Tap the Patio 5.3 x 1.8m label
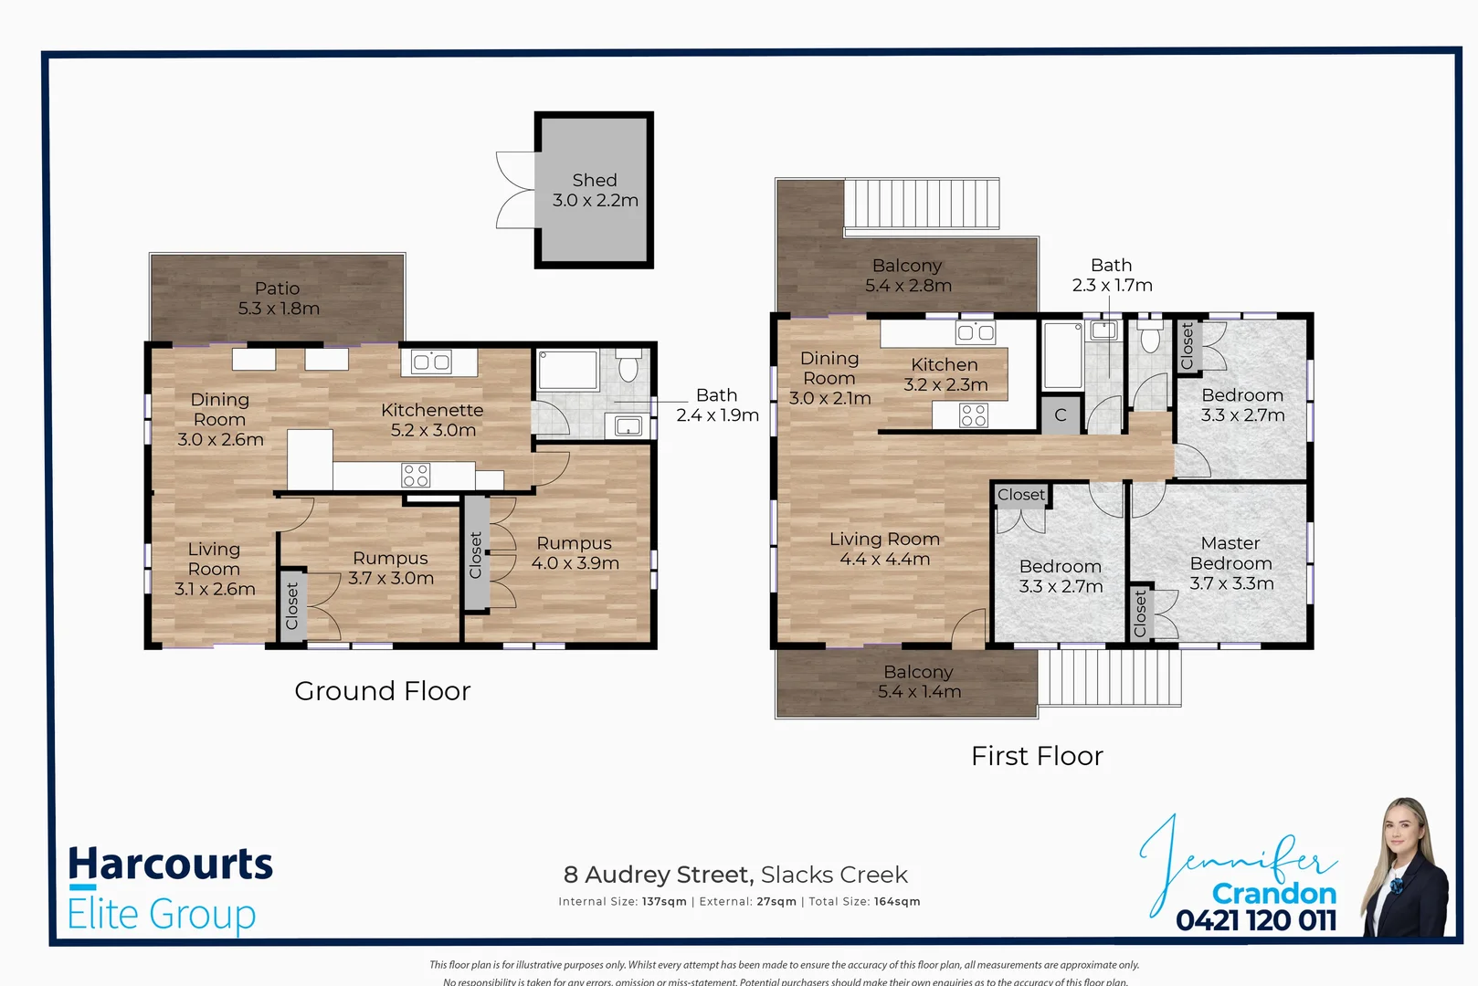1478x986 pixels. click(x=278, y=299)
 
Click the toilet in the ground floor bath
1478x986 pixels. click(x=628, y=367)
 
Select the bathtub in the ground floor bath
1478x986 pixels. click(x=567, y=371)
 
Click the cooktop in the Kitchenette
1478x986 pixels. click(x=416, y=475)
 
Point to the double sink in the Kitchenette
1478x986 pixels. click(x=431, y=362)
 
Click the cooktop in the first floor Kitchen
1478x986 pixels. click(x=974, y=415)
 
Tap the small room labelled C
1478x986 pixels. click(x=1060, y=415)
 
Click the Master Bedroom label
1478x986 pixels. click(x=1230, y=563)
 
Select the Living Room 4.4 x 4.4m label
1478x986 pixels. click(x=884, y=549)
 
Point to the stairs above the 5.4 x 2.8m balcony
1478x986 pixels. click(x=921, y=203)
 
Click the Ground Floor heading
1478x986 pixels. click(x=382, y=691)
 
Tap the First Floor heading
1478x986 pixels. click(x=1037, y=756)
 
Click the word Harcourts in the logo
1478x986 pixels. click(x=171, y=864)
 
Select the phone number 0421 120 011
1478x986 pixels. click(x=1256, y=919)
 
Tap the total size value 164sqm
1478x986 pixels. click(x=896, y=901)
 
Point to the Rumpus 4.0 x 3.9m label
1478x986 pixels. click(x=575, y=553)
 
